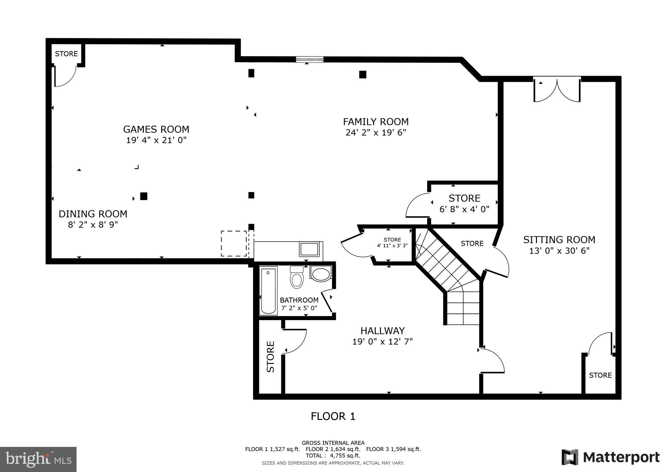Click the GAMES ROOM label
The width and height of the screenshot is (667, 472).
coord(156,129)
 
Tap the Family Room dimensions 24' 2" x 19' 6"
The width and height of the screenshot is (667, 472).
coord(376,133)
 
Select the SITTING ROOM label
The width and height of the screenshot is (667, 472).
coord(559,240)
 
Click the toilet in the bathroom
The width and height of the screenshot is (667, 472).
coord(296,278)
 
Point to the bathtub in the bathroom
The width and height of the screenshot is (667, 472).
coord(268,290)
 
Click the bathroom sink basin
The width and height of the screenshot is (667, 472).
coord(321,273)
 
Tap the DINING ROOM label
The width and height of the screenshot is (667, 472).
coord(93,214)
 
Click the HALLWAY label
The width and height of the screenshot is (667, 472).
coord(382,331)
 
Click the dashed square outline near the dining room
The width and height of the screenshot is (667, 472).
coord(234,243)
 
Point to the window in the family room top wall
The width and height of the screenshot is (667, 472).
coord(309,59)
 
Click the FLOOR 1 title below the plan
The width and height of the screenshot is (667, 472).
coord(333,416)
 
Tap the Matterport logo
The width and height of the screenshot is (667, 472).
coord(610,457)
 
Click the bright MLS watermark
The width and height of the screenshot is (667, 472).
coord(38,459)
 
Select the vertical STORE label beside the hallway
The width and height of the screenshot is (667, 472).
coord(271,357)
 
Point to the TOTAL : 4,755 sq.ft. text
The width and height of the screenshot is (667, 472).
coord(333,455)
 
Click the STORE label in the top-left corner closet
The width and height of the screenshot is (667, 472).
coord(66,54)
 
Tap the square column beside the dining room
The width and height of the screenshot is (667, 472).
coord(144,196)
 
